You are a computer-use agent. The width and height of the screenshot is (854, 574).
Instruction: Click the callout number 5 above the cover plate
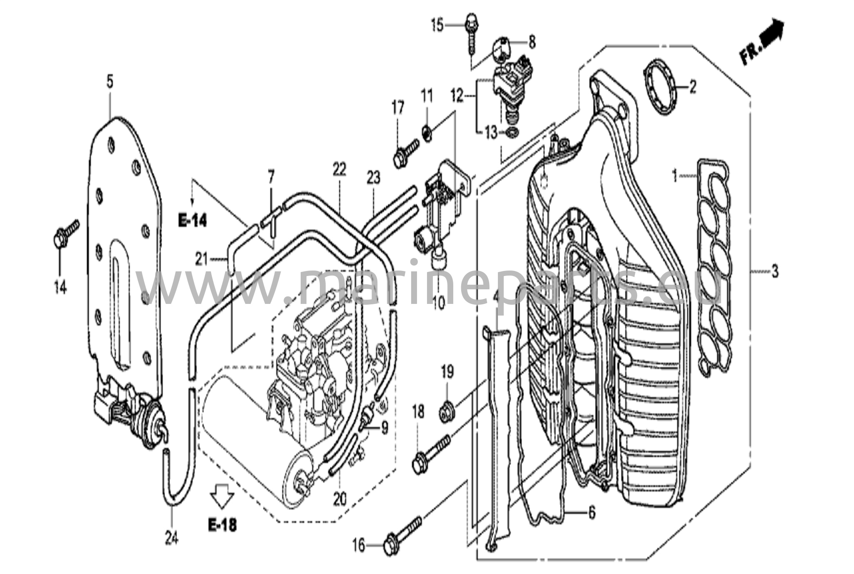110,82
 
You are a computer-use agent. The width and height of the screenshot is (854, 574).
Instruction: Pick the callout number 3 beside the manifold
775,272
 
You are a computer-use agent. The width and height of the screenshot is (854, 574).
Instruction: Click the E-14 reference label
193,221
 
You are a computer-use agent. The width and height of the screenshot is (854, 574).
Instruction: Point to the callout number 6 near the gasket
592,513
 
